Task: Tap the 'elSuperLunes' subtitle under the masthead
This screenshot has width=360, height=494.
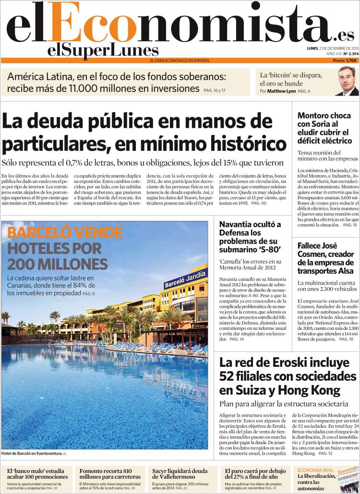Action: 103,50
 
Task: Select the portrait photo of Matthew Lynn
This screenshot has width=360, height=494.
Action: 347,81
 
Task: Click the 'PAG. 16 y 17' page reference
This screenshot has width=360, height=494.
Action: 215,90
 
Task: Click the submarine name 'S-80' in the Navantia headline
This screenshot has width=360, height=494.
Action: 269,250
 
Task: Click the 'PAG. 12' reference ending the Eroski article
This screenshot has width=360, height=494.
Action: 325,453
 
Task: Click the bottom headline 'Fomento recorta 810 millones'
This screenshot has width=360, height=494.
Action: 110,474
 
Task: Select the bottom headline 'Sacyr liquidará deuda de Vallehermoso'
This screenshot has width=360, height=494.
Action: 180,474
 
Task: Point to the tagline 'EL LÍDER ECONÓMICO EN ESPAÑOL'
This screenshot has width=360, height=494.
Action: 180,60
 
